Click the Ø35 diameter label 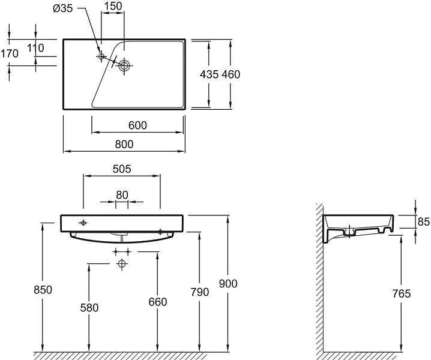tap(62, 8)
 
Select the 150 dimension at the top tap(113, 6)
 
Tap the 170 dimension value tap(10, 53)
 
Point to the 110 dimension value tap(35, 48)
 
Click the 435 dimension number tap(209, 74)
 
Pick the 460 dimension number tap(231, 74)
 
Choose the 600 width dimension tap(137, 125)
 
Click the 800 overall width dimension tap(124, 144)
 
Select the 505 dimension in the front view tap(122, 169)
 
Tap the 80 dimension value tap(122, 195)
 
